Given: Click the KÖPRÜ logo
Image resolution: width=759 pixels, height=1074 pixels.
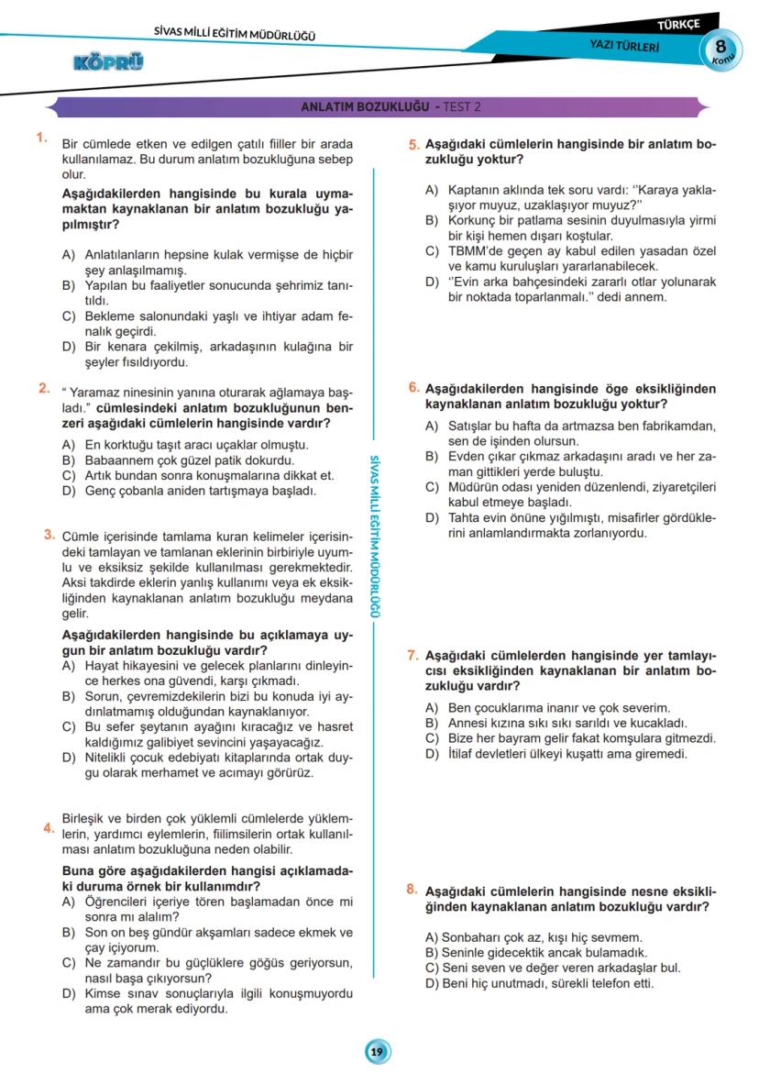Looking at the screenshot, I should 108,61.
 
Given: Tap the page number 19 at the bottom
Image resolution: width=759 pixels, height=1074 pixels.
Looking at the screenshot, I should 377,1052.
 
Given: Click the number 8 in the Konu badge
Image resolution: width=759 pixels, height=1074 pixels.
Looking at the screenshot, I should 721,47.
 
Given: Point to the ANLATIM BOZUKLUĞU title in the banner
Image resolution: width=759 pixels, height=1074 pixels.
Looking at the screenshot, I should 365,106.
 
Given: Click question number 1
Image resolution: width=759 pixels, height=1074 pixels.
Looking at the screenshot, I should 41,138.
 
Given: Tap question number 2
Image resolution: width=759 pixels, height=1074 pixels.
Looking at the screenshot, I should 43,388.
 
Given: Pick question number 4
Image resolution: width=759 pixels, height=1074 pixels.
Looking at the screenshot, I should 47,829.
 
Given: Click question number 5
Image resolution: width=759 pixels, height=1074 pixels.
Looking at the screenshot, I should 414,144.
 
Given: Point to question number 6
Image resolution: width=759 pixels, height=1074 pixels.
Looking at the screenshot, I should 414,388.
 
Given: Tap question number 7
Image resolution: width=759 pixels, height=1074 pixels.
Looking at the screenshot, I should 412,655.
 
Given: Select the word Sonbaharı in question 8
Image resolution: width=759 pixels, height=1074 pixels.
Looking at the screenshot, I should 467,938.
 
